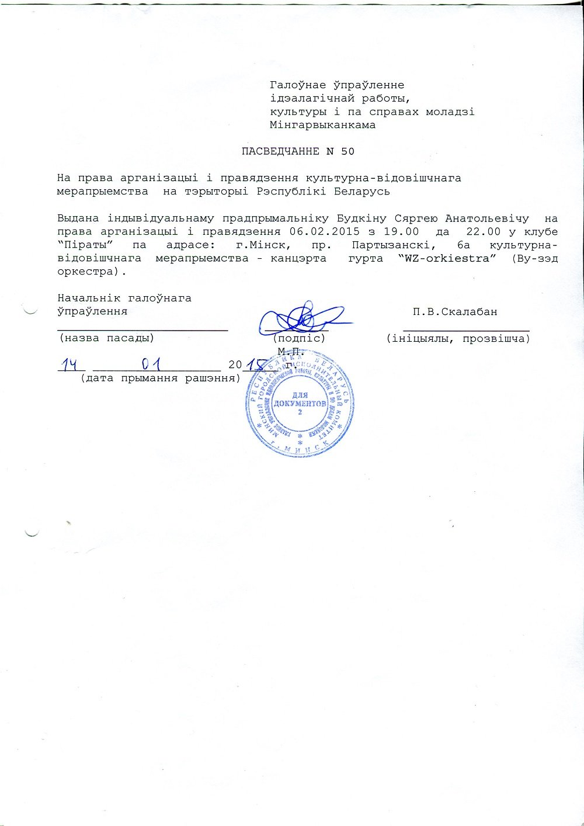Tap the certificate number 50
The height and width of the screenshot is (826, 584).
point(347,151)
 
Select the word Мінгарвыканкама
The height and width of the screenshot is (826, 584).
point(322,124)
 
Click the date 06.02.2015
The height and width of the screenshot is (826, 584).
point(324,231)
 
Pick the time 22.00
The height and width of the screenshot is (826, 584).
point(483,231)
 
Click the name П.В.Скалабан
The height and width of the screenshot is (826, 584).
point(455,311)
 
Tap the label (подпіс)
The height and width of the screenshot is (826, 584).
point(300,338)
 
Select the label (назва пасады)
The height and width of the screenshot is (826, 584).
point(106,338)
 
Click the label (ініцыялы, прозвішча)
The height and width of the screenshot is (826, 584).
point(458,338)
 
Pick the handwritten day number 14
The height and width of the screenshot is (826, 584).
point(71,365)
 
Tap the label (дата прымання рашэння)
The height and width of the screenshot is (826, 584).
point(161,378)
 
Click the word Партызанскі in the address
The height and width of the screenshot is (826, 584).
point(386,245)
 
